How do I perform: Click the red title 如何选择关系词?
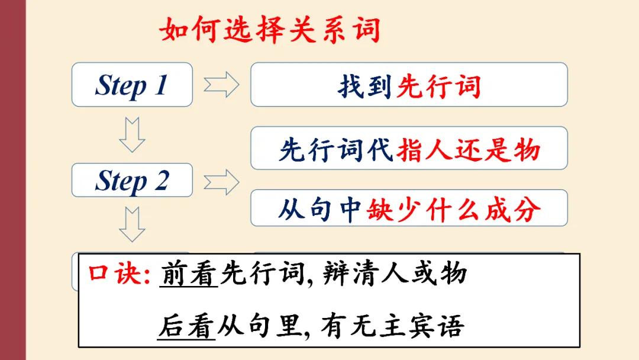pos(270,30)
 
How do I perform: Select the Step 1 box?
pos(132,85)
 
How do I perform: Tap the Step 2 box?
pos(132,180)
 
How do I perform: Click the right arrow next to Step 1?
pos(221,85)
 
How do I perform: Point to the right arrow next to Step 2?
pos(221,181)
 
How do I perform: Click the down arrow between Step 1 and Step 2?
pos(131,134)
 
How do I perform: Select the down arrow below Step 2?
pos(131,224)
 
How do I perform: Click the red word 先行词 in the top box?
pos(438,86)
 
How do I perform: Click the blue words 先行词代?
pos(336,150)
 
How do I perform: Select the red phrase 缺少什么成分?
pos(454,209)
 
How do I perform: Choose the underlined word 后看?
pos(186,327)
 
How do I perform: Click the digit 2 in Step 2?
pos(162,180)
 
